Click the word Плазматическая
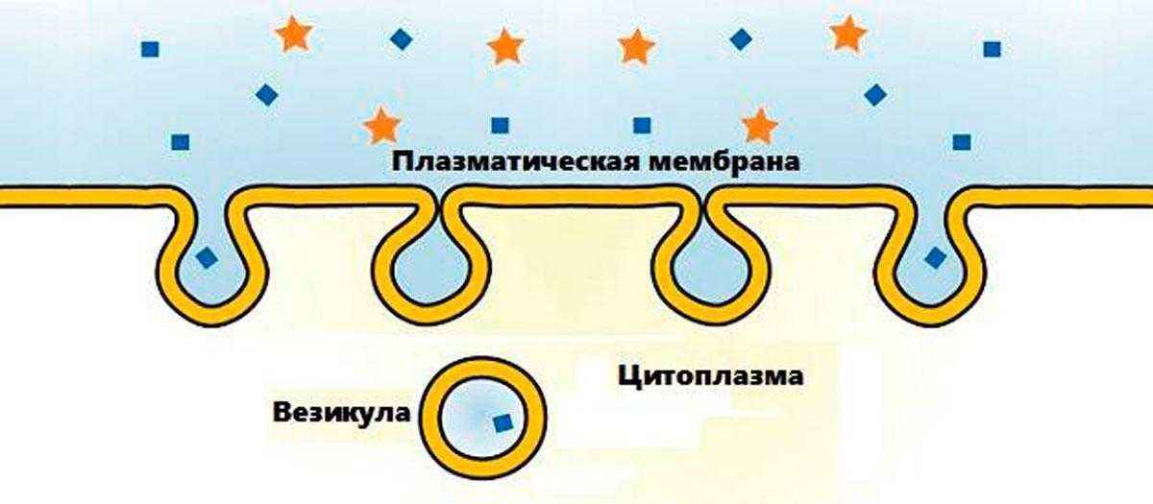point(505,161)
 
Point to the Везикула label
point(341,413)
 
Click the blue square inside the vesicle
point(501,422)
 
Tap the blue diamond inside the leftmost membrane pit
point(207,257)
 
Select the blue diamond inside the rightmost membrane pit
point(934,257)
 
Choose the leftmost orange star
point(291,35)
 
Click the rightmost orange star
point(846,34)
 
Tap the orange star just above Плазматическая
point(383,126)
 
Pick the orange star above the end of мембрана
point(760,126)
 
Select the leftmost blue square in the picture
point(149,48)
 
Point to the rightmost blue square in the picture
point(992,48)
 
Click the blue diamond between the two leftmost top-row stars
point(400,39)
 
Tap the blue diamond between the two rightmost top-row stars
point(741,39)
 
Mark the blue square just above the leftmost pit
point(180,142)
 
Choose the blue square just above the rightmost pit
point(961,142)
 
